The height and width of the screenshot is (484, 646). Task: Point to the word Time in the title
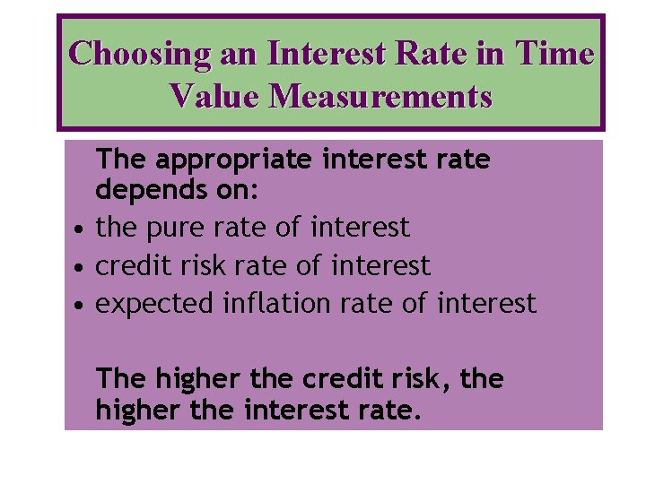554,54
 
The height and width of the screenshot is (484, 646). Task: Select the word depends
144,190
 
